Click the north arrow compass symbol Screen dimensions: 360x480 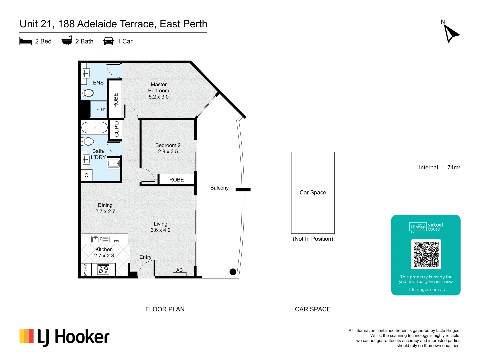451,33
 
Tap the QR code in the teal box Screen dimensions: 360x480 426,254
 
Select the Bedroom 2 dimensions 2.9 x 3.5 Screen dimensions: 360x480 168,152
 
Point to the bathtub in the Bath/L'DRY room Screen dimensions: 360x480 94,128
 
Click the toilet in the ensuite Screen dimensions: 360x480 88,93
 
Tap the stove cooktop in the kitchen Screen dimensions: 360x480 103,270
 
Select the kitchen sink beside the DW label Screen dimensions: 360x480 100,239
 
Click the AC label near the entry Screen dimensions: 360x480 180,270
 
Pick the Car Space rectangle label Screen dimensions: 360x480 313,193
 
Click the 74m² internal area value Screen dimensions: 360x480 453,167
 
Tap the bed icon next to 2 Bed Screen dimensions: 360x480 26,41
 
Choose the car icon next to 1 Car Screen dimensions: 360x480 109,41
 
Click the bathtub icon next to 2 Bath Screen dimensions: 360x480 67,41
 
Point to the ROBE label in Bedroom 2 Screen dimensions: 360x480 176,180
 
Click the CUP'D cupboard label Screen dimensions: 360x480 116,129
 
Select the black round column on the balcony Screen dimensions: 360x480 233,272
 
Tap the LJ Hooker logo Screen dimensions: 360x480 64,337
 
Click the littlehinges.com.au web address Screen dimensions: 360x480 426,290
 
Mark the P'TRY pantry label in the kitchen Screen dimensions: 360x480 85,270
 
